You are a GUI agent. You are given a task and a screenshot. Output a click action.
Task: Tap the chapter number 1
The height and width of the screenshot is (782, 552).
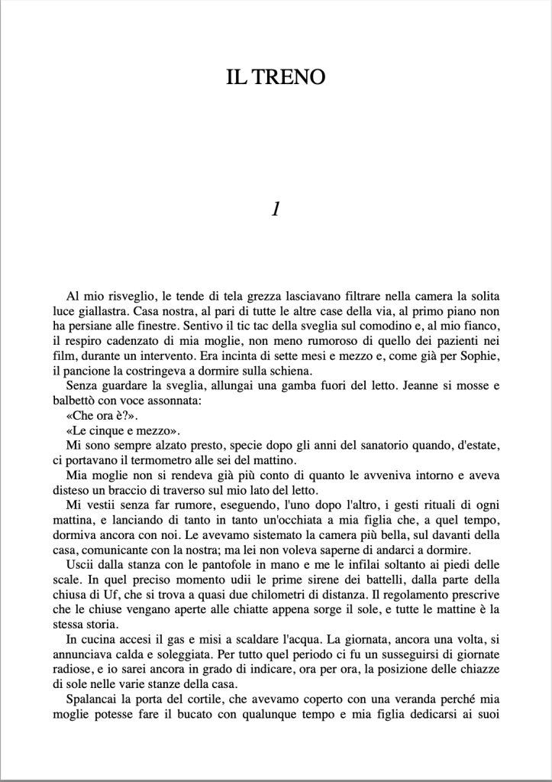[x=276, y=209]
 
